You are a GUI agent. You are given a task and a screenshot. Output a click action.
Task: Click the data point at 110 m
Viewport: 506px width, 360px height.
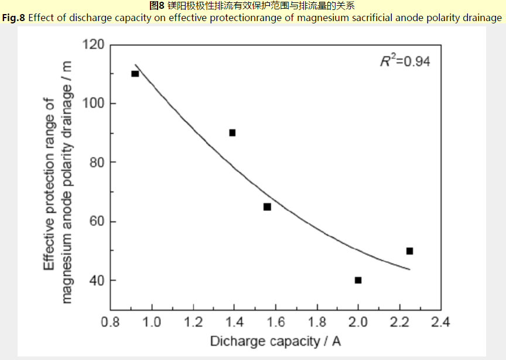pos(135,74)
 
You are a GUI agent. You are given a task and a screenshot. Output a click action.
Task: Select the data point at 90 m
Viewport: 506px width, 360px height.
pos(232,133)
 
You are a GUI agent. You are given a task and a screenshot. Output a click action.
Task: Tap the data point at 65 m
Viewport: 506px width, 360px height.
pos(267,207)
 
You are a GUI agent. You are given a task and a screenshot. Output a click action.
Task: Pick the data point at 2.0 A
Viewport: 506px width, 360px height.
pos(358,280)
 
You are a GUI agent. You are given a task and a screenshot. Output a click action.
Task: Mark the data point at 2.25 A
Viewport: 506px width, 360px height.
pos(409,251)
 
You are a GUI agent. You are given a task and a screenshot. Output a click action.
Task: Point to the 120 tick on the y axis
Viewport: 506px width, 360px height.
pos(94,44)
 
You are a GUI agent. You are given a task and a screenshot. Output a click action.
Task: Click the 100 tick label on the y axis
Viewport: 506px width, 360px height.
pos(94,104)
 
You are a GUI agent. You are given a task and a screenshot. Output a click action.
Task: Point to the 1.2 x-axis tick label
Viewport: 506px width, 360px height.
pos(193,321)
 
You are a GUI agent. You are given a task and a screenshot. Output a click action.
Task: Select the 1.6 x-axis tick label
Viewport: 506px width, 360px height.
pos(276,321)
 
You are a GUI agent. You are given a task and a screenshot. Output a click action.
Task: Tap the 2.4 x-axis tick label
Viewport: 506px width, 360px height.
pos(440,321)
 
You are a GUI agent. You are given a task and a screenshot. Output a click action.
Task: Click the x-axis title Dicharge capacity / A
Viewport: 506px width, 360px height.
pos(275,341)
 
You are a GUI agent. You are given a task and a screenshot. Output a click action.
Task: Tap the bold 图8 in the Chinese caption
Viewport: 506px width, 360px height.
pos(156,6)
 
